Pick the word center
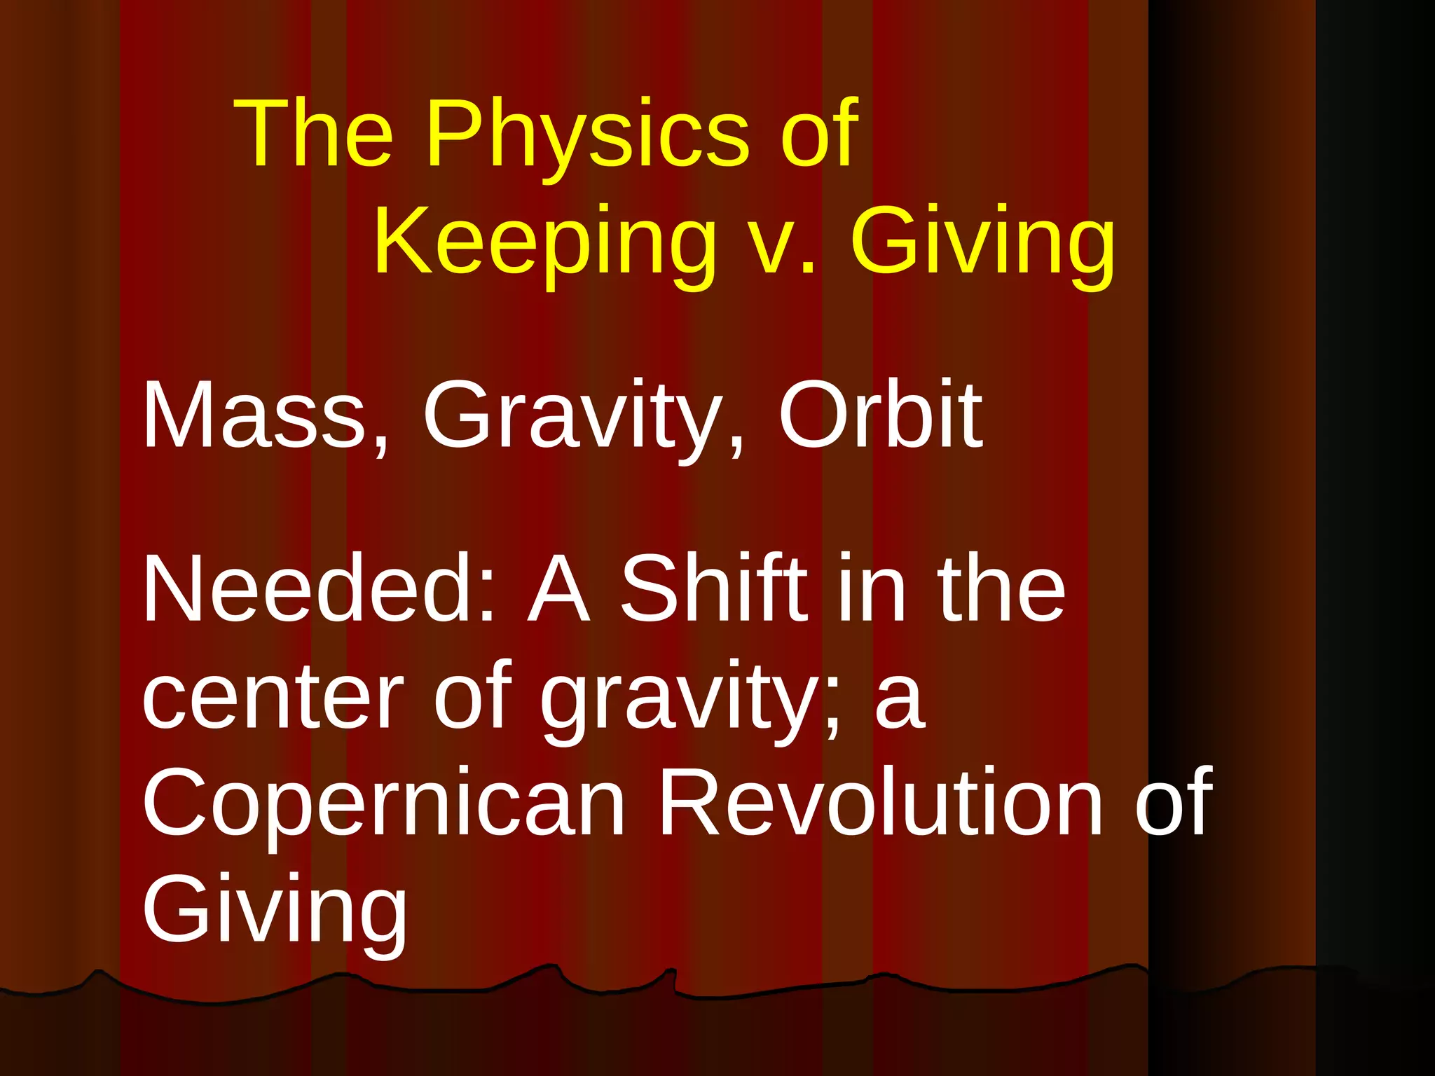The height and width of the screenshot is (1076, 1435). tap(273, 697)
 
